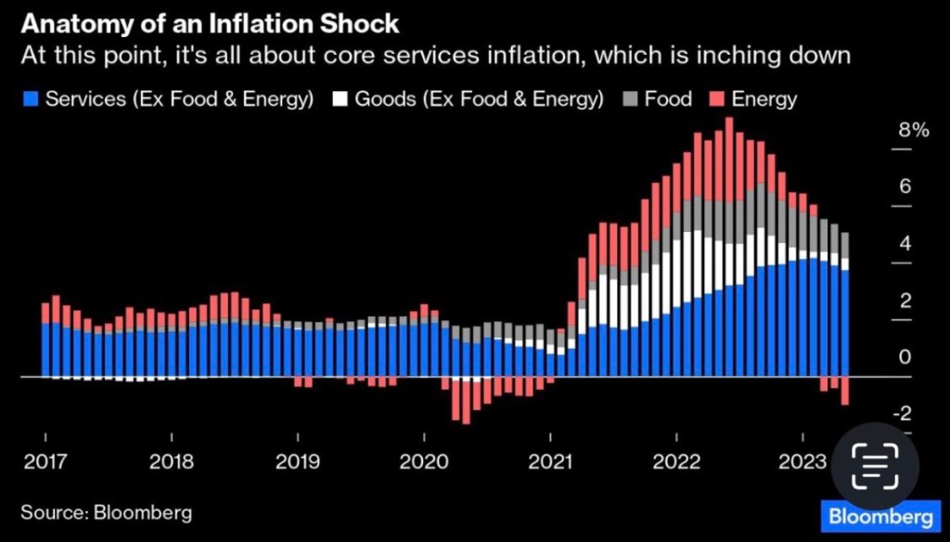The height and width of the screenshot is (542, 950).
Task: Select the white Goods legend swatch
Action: (x=340, y=98)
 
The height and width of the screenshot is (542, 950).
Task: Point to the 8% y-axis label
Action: (x=914, y=130)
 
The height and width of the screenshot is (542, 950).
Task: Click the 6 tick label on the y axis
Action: (x=904, y=187)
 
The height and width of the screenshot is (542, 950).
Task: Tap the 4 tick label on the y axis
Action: (x=904, y=244)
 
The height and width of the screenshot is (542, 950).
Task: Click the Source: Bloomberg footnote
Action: (x=107, y=511)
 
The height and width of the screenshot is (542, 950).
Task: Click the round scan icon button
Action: (x=875, y=464)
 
